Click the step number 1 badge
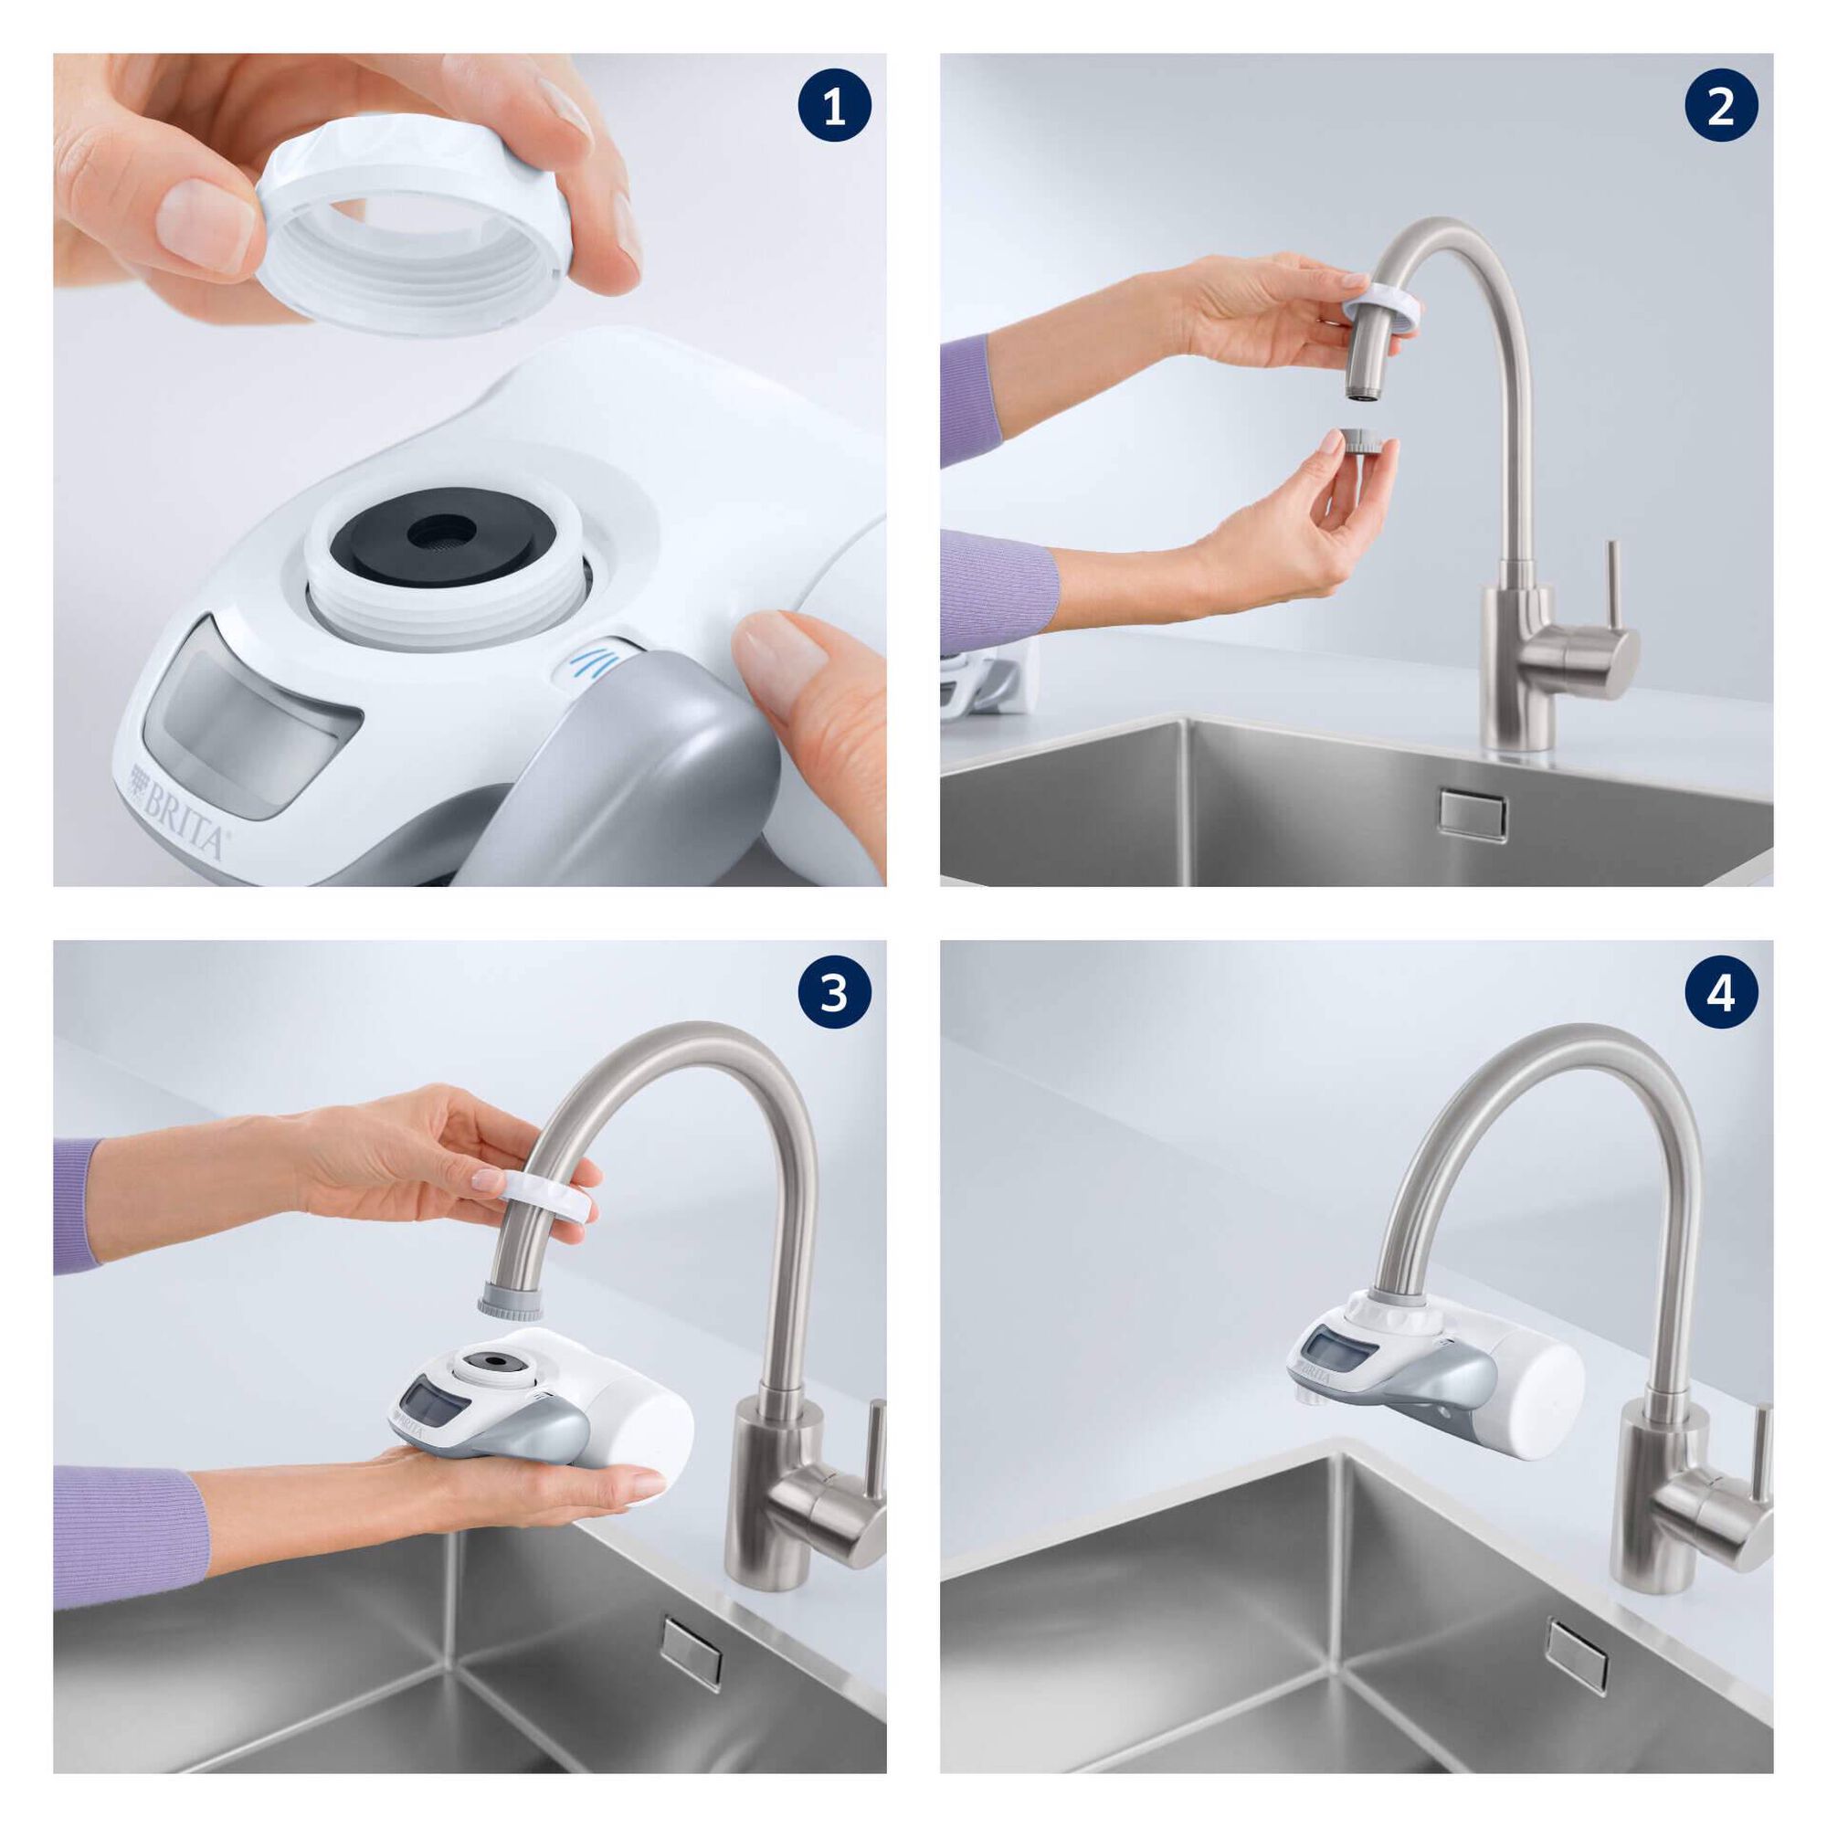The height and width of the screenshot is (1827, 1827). [x=833, y=110]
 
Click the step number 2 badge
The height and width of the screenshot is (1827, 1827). [x=1720, y=110]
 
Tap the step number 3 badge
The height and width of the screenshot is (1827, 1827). [x=833, y=997]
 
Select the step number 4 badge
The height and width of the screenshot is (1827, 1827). [x=1720, y=997]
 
